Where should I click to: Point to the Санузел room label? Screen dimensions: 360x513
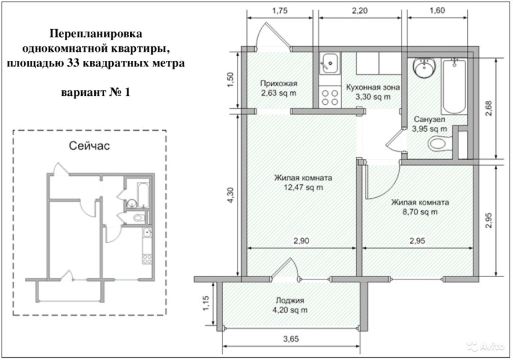(x=430, y=120)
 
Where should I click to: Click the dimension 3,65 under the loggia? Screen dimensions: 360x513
(x=292, y=340)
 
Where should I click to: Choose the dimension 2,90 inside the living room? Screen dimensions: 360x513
(x=302, y=241)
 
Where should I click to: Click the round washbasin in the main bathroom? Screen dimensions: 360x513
(x=423, y=68)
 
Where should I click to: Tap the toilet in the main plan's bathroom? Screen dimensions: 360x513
(x=440, y=144)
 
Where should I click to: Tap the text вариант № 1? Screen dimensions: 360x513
(x=95, y=92)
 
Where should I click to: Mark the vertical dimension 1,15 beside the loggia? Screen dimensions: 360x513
(x=206, y=305)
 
